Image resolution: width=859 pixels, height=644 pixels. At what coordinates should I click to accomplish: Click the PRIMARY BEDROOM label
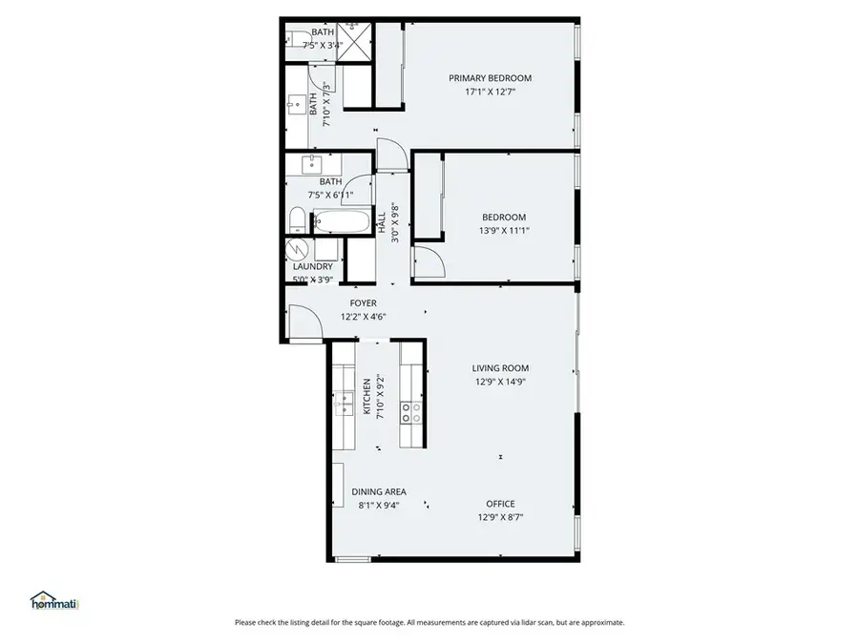coord(490,78)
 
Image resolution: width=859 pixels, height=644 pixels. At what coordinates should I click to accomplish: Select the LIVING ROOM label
coord(500,368)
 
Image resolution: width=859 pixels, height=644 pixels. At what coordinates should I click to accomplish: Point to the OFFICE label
coord(500,504)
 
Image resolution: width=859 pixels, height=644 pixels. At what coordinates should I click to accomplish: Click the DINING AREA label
coord(379,491)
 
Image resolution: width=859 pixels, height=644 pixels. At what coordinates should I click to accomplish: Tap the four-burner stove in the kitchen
coord(411,412)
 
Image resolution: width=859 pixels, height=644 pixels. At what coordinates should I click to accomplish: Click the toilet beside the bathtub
coord(297,223)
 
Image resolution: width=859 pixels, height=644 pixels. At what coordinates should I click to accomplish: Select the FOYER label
coord(363,302)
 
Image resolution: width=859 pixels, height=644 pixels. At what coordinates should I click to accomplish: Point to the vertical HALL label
coord(383,223)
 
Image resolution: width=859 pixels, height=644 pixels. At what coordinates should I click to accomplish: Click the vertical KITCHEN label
coord(366,396)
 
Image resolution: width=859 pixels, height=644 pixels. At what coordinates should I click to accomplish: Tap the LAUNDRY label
coord(312,266)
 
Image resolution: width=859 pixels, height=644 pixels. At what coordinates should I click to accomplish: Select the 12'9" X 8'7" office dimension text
coord(500,517)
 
